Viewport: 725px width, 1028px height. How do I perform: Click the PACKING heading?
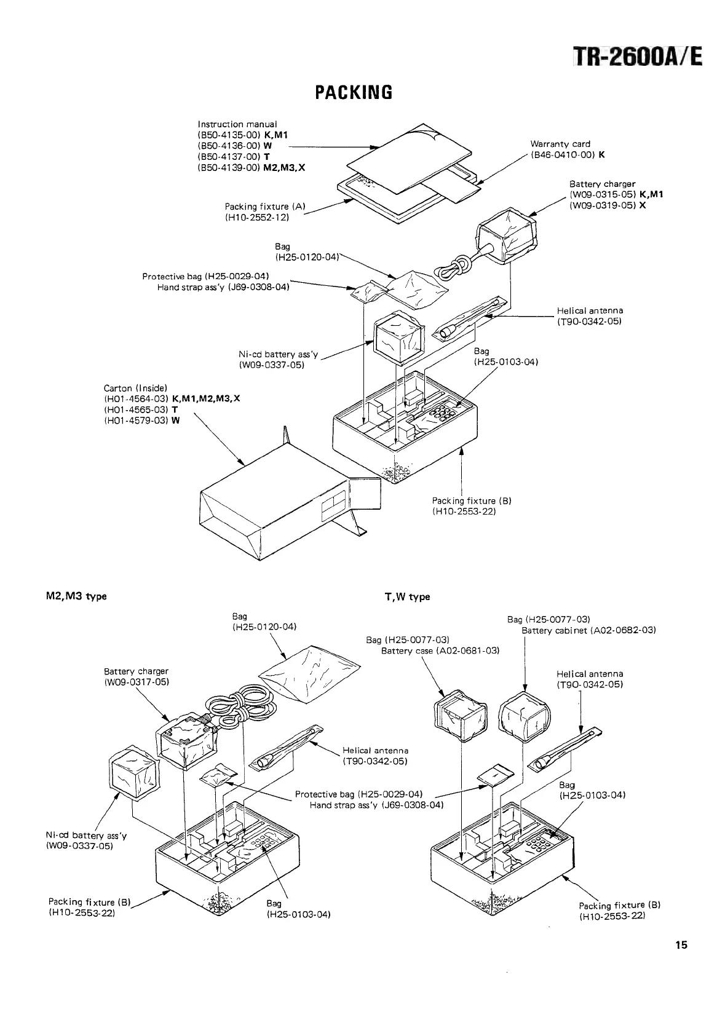[353, 92]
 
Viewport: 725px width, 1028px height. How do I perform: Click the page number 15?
[681, 945]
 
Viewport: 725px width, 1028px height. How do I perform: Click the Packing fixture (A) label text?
[265, 207]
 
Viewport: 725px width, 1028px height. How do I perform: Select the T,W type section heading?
[406, 596]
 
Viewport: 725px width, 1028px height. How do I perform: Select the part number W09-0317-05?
[136, 682]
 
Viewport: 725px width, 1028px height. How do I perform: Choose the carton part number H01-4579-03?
[137, 420]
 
